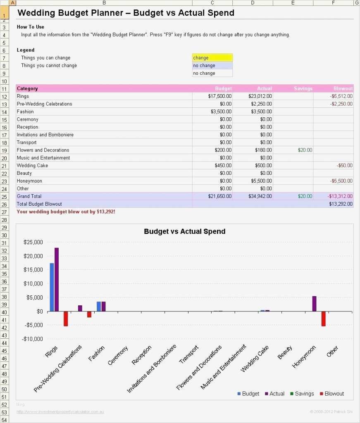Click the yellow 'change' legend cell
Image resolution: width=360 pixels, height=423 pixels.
tap(212, 58)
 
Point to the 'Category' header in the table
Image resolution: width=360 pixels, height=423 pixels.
tap(27, 88)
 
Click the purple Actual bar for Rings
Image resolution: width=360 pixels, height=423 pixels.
tap(57, 279)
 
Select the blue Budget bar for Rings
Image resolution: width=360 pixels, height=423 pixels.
tap(52, 287)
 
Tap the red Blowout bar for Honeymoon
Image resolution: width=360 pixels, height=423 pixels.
tap(324, 318)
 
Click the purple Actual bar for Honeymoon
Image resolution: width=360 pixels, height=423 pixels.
tap(314, 304)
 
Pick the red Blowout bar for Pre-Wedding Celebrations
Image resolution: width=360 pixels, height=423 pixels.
tap(89, 314)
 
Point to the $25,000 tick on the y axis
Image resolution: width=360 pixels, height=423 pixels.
tap(33, 242)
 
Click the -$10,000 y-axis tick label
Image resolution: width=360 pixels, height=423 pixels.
tap(33, 339)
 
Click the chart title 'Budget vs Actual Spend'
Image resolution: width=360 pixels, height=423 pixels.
tap(184, 231)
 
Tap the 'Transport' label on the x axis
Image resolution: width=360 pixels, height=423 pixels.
tap(189, 355)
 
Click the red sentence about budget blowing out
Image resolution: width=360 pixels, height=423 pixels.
tap(66, 211)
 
